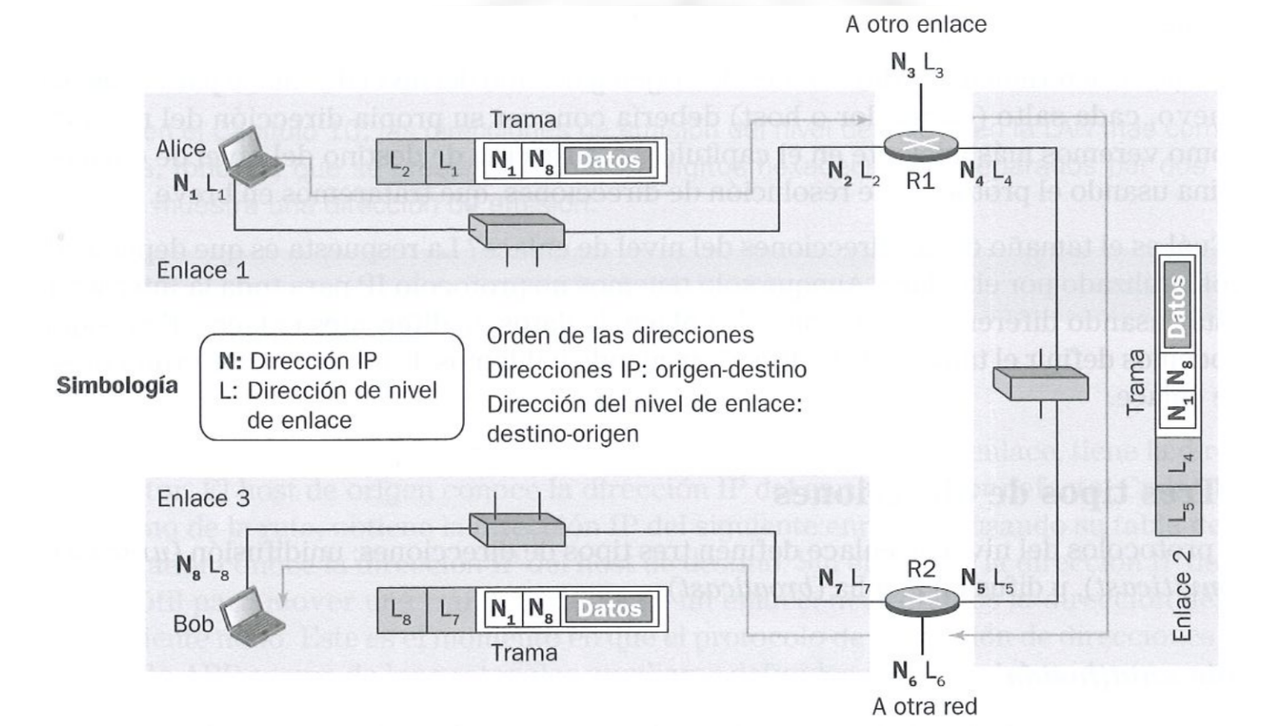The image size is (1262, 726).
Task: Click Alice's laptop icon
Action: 252,156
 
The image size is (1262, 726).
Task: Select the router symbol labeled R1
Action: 920,145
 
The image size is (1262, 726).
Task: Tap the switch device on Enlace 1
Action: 517,230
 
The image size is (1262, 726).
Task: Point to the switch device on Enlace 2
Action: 1041,383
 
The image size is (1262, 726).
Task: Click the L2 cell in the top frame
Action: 400,161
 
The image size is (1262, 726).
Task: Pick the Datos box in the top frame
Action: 608,161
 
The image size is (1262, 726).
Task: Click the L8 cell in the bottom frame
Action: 401,609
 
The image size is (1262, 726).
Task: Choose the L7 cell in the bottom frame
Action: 450,609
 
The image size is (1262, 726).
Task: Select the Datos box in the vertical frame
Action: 1177,304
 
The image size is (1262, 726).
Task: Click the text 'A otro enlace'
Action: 915,24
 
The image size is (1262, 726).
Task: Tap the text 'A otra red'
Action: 924,707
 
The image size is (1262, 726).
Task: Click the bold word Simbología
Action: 117,386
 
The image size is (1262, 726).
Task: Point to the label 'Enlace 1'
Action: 203,271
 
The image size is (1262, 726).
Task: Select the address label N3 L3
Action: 917,64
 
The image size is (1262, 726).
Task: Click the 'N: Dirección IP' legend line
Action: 298,361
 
